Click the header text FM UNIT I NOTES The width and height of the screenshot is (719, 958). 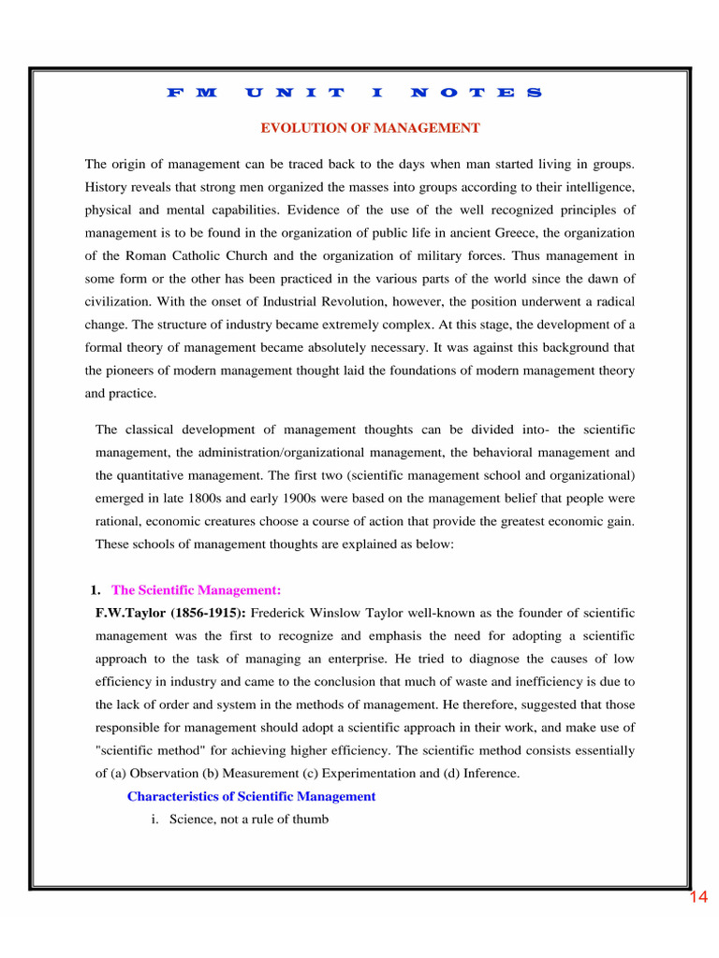click(x=354, y=93)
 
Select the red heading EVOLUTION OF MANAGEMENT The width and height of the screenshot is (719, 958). click(x=370, y=127)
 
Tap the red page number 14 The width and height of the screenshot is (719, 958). click(x=698, y=898)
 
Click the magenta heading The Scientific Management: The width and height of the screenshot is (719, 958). click(x=196, y=590)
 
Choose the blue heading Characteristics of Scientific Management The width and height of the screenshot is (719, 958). click(x=251, y=796)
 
